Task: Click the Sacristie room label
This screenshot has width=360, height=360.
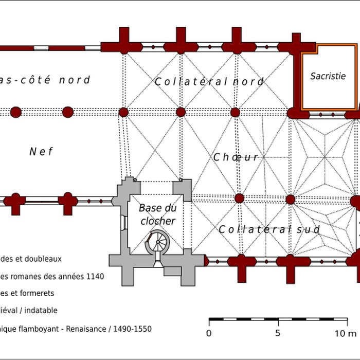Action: click(x=328, y=76)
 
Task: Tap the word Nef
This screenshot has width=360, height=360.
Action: click(x=41, y=151)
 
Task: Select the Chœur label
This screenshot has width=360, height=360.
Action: click(x=236, y=157)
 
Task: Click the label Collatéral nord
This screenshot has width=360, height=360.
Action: click(x=209, y=82)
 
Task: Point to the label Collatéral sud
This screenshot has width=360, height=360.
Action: click(x=269, y=229)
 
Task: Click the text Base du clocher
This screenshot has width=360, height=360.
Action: click(x=157, y=215)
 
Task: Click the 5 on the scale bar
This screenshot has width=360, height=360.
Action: click(x=278, y=333)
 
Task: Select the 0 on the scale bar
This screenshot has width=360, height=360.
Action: click(x=209, y=333)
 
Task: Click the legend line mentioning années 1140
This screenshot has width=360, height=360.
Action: click(x=51, y=276)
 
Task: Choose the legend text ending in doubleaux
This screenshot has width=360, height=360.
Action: click(x=31, y=259)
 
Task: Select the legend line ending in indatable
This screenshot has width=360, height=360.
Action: click(x=29, y=311)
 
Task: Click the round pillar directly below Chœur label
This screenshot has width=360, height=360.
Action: click(x=239, y=199)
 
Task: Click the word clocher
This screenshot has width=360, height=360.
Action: click(x=157, y=222)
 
